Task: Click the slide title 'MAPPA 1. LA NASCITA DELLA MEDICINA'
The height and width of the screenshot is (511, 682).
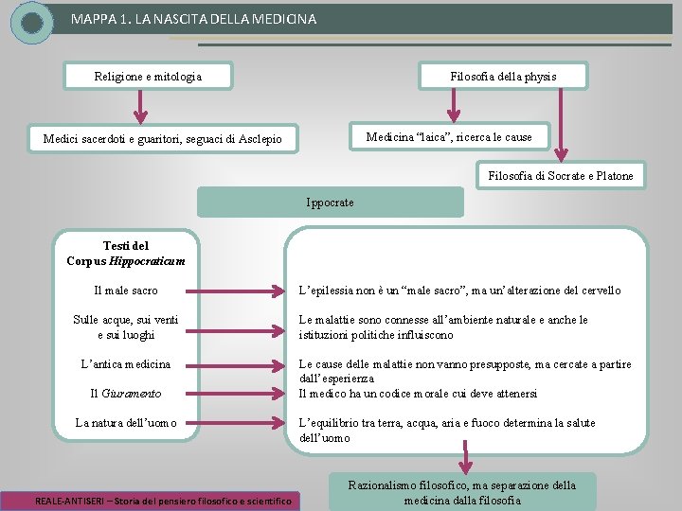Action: (193, 19)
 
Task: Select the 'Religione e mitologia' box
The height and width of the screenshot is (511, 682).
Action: (148, 76)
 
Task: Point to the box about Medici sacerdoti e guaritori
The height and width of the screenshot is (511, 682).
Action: (162, 140)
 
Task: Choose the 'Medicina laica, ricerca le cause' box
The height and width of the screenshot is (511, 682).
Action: (449, 137)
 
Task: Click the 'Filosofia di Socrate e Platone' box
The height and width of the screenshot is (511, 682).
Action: (561, 175)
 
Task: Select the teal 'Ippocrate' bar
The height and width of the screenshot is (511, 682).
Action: (331, 203)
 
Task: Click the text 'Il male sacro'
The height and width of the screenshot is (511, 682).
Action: (126, 291)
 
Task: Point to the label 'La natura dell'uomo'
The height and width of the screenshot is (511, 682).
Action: (126, 423)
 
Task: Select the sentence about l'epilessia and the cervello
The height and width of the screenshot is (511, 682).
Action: (459, 291)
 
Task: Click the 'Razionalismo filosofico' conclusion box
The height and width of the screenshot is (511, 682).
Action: (461, 492)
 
